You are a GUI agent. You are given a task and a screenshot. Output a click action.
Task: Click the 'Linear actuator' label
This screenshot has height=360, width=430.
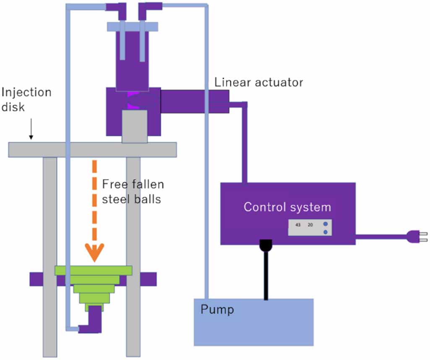tap(258, 82)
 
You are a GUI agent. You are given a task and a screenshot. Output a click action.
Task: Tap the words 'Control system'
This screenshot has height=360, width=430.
tap(287, 207)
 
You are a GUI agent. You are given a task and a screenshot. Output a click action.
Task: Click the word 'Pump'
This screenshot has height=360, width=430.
tap(217, 310)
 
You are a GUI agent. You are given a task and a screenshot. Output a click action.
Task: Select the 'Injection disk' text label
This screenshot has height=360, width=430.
tap(26, 99)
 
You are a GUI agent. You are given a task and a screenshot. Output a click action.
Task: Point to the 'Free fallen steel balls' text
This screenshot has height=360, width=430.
tap(133, 191)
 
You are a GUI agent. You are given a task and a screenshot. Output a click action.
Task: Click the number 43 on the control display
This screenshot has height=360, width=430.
tap(298, 225)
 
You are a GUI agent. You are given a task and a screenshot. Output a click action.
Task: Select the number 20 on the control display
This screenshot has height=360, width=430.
tap(310, 225)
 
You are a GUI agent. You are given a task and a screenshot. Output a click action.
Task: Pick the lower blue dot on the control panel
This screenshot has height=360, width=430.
tap(325, 232)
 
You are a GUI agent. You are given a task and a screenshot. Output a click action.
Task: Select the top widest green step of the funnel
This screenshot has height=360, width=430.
tap(94, 270)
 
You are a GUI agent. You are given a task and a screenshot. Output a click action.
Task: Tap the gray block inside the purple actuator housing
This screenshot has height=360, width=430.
tap(134, 126)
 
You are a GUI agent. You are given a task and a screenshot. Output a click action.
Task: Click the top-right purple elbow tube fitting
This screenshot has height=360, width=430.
tap(149, 9)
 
